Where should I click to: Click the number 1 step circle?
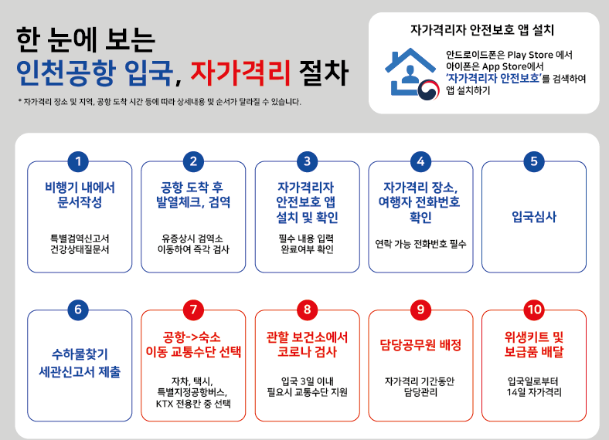[78, 161]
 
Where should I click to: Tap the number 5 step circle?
[534, 161]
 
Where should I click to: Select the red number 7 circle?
[193, 310]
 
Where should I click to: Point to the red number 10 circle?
[534, 310]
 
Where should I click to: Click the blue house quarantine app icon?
[411, 73]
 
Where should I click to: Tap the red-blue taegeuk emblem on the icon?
[429, 90]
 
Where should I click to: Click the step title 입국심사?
[534, 216]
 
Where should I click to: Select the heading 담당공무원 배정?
[420, 344]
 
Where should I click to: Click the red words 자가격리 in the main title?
[240, 73]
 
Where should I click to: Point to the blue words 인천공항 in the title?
[66, 73]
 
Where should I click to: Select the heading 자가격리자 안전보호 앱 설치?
[482, 30]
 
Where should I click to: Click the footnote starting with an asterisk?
[159, 102]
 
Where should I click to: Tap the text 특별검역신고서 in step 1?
[80, 238]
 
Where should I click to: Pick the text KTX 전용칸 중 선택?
[193, 404]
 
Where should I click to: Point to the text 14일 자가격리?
[534, 392]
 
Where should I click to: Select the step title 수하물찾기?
[80, 354]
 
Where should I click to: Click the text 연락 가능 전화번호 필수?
[420, 244]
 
